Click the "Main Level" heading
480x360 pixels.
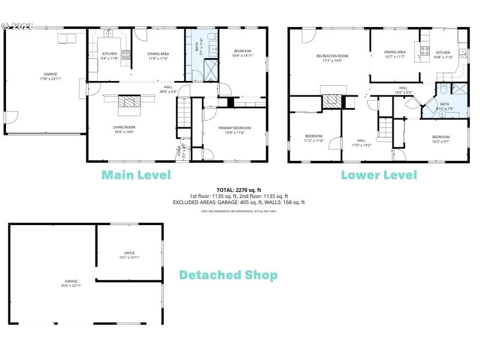(136, 175)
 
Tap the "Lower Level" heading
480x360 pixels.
(379, 175)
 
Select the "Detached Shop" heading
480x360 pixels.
(229, 275)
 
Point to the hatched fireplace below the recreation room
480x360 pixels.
(332, 101)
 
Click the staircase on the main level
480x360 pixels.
(183, 117)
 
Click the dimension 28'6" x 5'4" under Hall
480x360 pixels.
(169, 92)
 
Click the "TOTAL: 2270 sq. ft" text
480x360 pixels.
(239, 190)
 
